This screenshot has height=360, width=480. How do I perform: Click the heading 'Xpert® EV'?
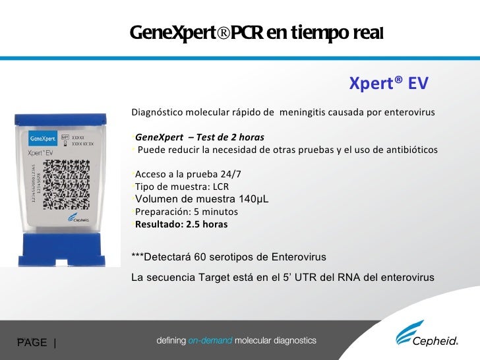click(388, 84)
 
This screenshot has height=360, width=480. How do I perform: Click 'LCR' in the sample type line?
click(218, 187)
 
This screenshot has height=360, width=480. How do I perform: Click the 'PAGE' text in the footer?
click(32, 342)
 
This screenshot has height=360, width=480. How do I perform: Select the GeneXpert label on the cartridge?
click(44, 140)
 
